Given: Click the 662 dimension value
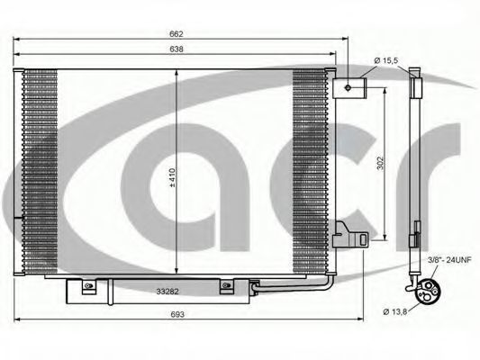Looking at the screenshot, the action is (177, 34).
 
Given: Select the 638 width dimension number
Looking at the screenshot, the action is (177, 49).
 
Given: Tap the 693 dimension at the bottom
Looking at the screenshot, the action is (177, 314).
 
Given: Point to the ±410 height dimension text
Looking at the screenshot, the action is (172, 177).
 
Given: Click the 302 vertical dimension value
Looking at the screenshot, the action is (380, 164).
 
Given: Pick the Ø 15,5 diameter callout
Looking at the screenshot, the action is (386, 60).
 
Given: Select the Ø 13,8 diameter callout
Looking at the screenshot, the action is (395, 312).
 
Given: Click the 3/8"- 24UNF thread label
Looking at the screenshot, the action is (449, 260).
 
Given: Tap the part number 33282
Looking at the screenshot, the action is (168, 292).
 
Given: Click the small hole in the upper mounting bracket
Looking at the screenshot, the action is (348, 88).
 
